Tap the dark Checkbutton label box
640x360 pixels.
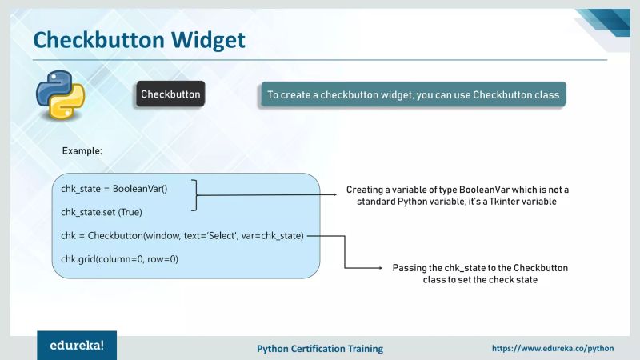click(x=170, y=94)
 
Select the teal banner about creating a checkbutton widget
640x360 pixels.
click(x=413, y=94)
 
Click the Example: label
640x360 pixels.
click(x=82, y=150)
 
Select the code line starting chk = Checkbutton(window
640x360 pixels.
click(x=182, y=236)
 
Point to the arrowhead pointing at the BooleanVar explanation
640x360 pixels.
click(x=335, y=195)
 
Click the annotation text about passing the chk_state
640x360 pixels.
click(x=480, y=274)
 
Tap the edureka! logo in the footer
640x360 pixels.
click(x=77, y=346)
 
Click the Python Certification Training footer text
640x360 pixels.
click(x=319, y=349)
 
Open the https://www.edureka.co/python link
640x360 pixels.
click(x=552, y=349)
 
